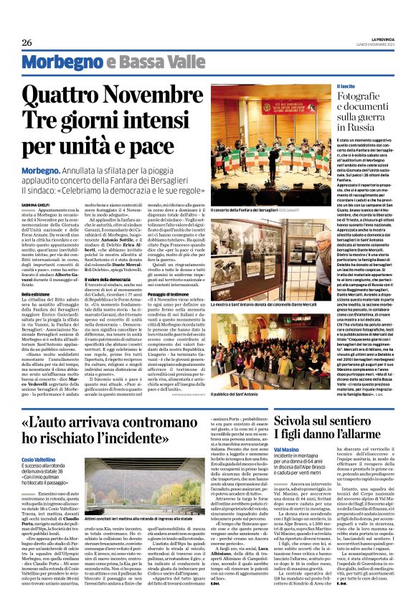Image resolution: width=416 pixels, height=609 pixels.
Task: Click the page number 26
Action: [27, 43]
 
